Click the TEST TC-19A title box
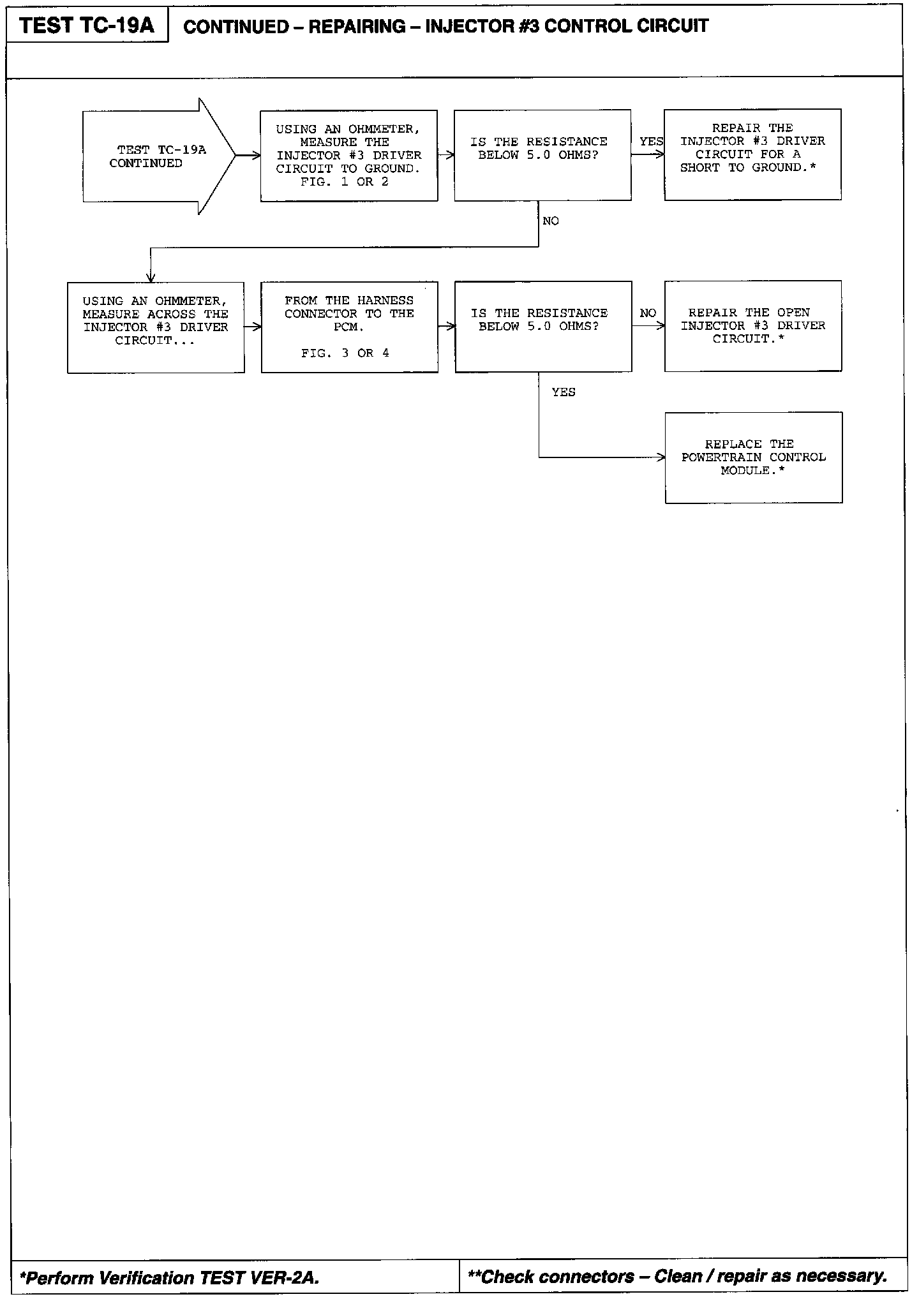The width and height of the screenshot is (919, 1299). pyautogui.click(x=87, y=26)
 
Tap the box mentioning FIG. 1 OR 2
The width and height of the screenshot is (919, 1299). pyautogui.click(x=348, y=156)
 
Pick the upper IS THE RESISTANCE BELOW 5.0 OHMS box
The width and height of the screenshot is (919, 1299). pyautogui.click(x=542, y=155)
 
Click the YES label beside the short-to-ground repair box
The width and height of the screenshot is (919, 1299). pyautogui.click(x=651, y=142)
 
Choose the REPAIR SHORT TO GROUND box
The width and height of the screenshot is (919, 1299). pyautogui.click(x=752, y=154)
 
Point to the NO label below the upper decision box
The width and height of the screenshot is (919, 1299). pyautogui.click(x=550, y=221)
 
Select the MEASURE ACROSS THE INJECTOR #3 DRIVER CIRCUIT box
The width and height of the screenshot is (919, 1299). pyautogui.click(x=156, y=327)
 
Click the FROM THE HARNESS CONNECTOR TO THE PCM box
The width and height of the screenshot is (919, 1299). pyautogui.click(x=349, y=327)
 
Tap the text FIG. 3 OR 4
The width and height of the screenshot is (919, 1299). pyautogui.click(x=345, y=353)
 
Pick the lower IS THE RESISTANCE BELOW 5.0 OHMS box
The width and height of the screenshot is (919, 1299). pyautogui.click(x=543, y=326)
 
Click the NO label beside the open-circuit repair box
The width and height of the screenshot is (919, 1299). pyautogui.click(x=648, y=313)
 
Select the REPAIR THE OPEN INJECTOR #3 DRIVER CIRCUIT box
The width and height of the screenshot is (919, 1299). pyautogui.click(x=753, y=325)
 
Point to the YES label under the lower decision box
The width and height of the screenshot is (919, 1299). pyautogui.click(x=564, y=392)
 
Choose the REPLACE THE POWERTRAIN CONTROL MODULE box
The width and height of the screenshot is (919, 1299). pyautogui.click(x=754, y=457)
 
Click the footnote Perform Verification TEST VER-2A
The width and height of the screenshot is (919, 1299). pyautogui.click(x=170, y=1278)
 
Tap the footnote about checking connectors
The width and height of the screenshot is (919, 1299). pyautogui.click(x=678, y=1277)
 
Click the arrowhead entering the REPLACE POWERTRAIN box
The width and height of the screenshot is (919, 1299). pyautogui.click(x=662, y=457)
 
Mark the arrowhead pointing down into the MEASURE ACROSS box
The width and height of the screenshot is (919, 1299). pyautogui.click(x=151, y=278)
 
